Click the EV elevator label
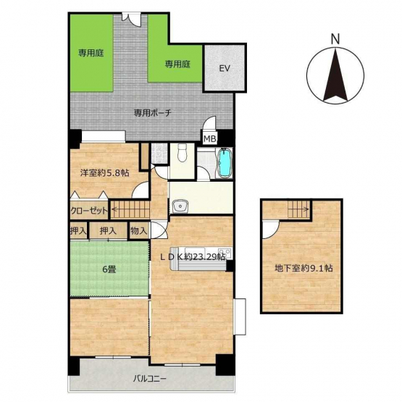(x=225, y=69)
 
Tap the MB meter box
(x=210, y=138)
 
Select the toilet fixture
(x=183, y=153)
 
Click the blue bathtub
(x=225, y=163)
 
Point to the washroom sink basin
(x=181, y=206)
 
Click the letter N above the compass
(x=335, y=39)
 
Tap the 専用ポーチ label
(x=152, y=113)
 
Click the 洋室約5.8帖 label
(x=104, y=173)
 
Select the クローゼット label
(x=88, y=211)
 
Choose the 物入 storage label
(x=138, y=231)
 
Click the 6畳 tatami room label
(x=109, y=269)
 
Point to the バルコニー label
(x=150, y=378)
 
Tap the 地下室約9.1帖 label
(x=303, y=269)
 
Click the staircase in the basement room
(x=299, y=209)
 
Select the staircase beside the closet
(x=130, y=210)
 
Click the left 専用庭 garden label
(x=91, y=53)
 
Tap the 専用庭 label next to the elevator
(x=177, y=64)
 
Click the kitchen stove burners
(x=225, y=251)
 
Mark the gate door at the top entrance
(x=131, y=19)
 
